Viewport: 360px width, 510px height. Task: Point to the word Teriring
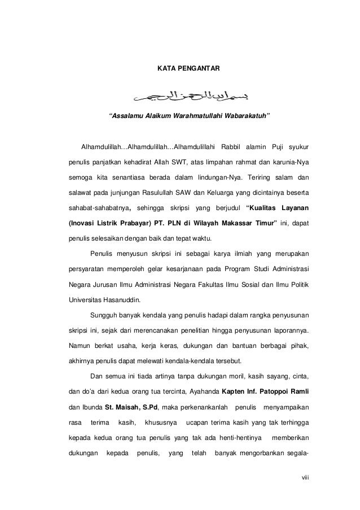pos(254,177)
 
